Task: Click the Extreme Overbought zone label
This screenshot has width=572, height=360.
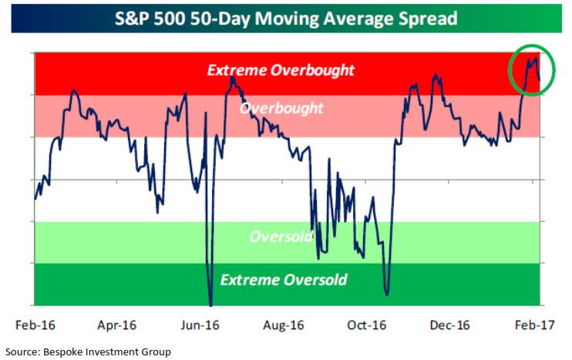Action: coord(281,70)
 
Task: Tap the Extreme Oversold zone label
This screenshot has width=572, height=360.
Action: coord(284,279)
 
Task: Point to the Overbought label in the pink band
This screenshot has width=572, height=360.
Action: coord(281,108)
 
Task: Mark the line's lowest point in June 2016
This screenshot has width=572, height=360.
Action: coord(210,303)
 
